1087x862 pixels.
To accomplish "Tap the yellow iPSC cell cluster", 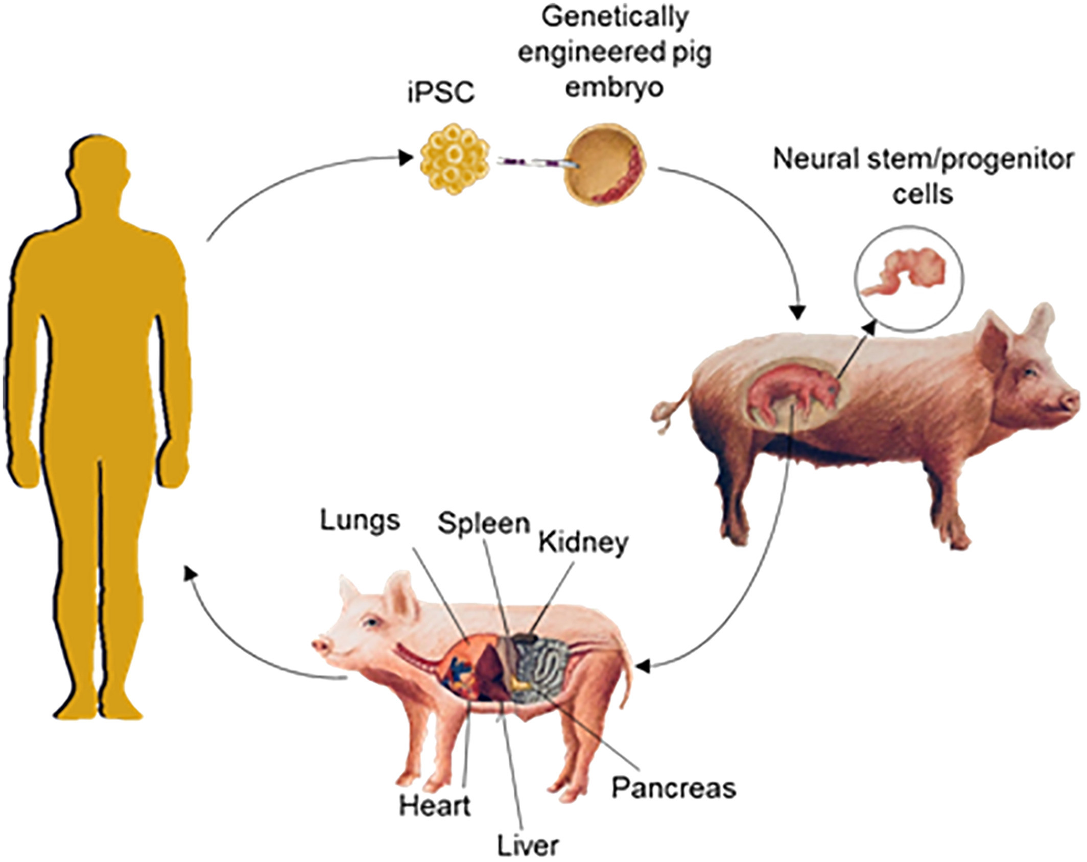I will tap(454, 160).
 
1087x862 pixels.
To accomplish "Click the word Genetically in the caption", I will tap(615, 17).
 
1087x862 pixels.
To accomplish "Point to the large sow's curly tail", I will tap(669, 413).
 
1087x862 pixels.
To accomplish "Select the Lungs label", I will tap(360, 520).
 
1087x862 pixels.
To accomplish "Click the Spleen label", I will tap(483, 523).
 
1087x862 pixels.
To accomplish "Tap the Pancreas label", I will tap(674, 788).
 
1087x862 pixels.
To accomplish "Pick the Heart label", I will tap(435, 806).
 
